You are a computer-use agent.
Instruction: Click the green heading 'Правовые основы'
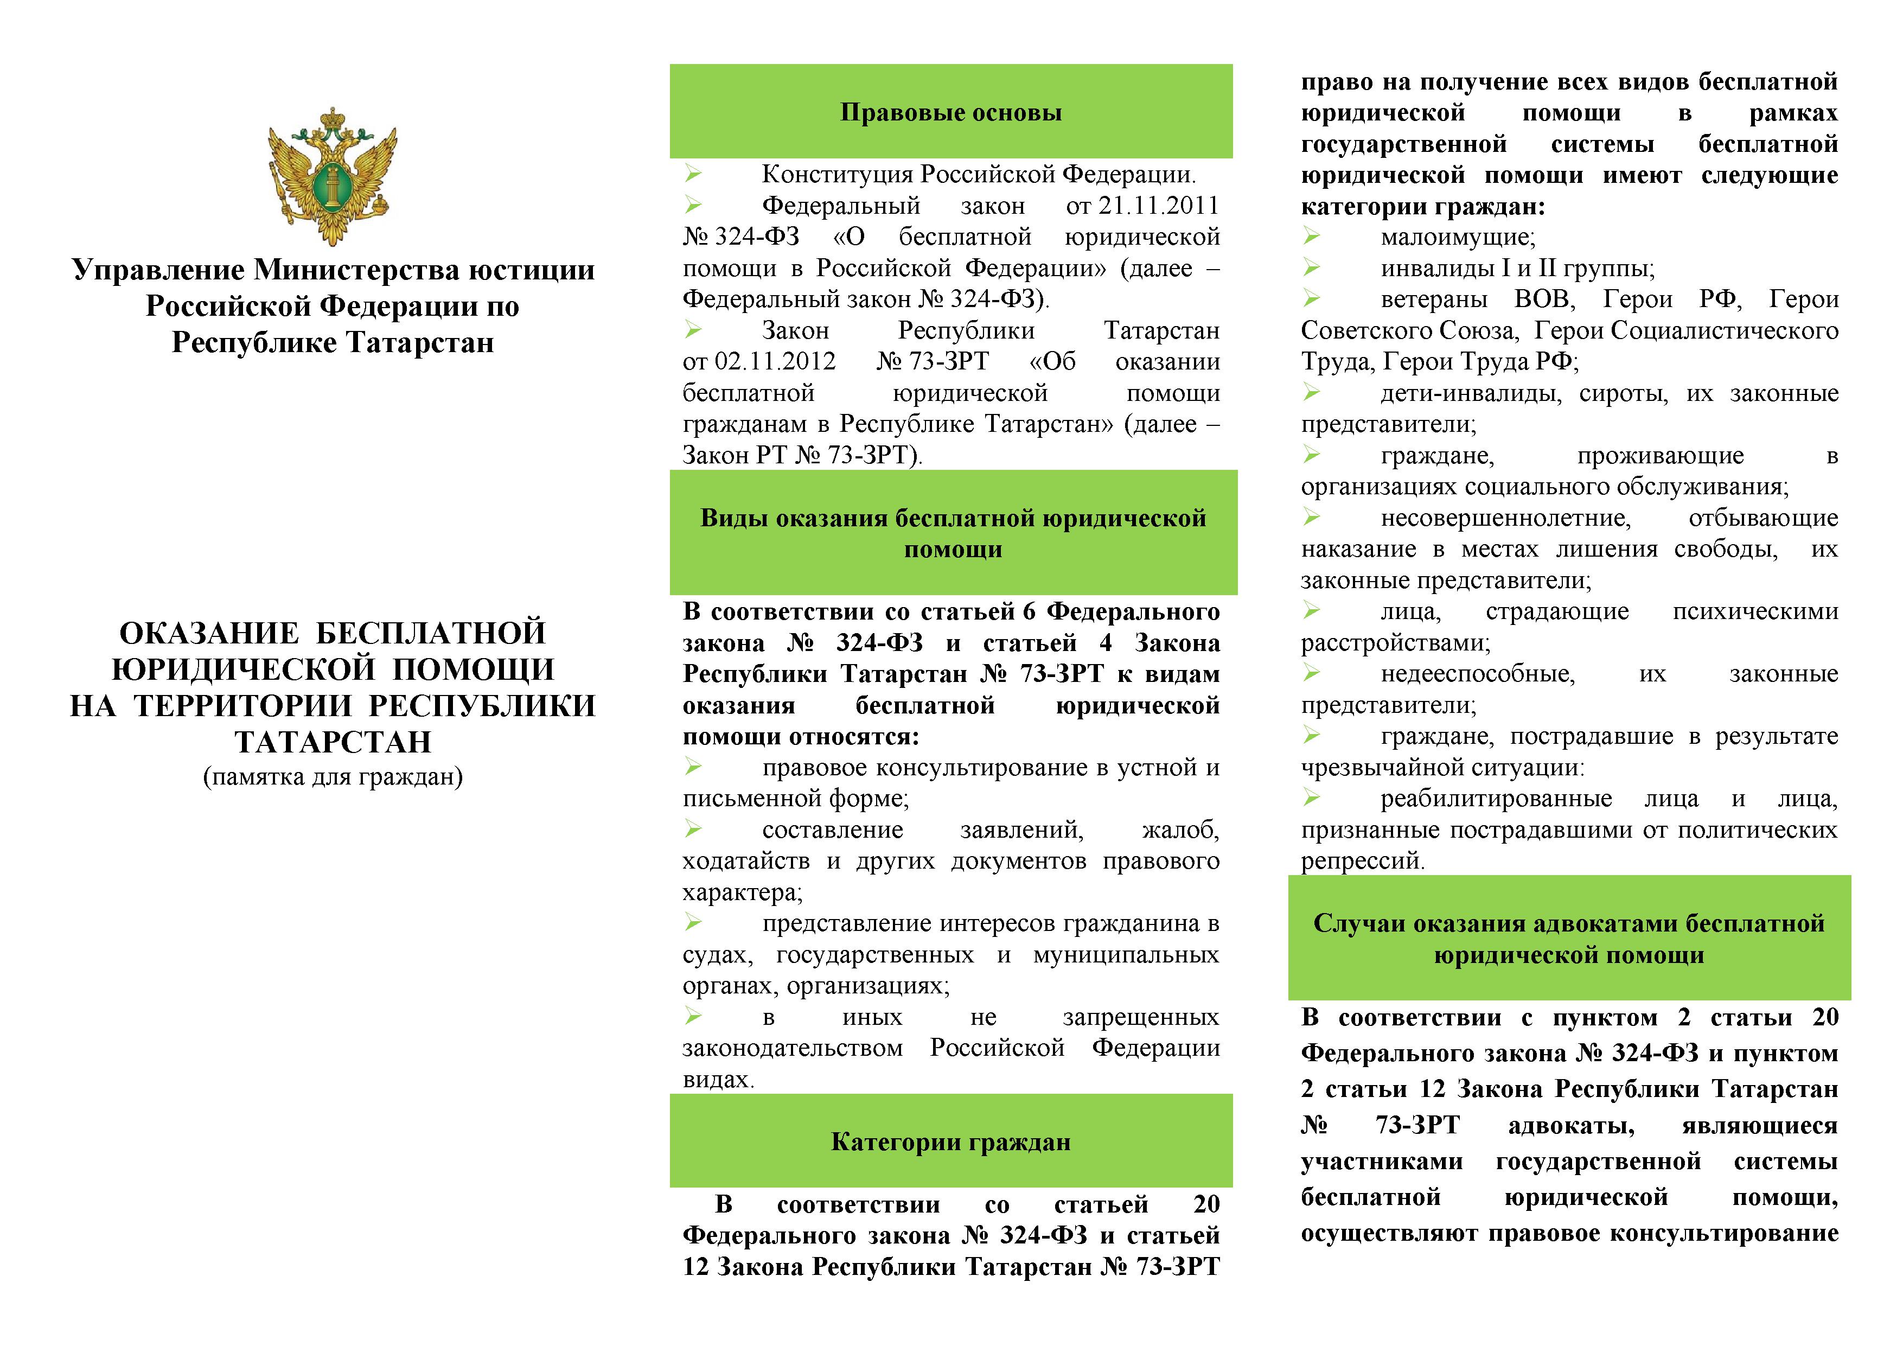pyautogui.click(x=950, y=112)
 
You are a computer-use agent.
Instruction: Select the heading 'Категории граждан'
pyautogui.click(x=950, y=1142)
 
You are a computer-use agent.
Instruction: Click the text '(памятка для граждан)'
pyautogui.click(x=333, y=776)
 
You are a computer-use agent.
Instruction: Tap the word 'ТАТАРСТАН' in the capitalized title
pyautogui.click(x=333, y=742)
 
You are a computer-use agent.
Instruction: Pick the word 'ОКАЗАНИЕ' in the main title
pyautogui.click(x=209, y=633)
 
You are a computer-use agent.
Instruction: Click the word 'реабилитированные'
pyautogui.click(x=1496, y=799)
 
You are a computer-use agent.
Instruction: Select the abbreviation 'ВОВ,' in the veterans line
pyautogui.click(x=1544, y=299)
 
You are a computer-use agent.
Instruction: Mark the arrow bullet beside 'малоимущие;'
pyautogui.click(x=1311, y=237)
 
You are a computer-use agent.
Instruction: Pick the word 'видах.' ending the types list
pyautogui.click(x=718, y=1080)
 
